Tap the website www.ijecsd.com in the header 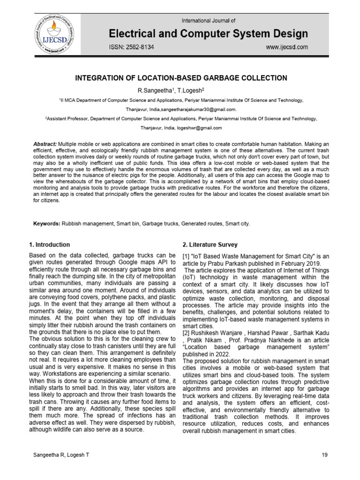(287, 47)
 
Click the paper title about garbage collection (181, 78)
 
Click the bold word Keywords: (46, 224)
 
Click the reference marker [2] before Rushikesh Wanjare (185, 332)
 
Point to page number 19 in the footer (325, 455)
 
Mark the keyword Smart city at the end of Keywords (237, 224)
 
